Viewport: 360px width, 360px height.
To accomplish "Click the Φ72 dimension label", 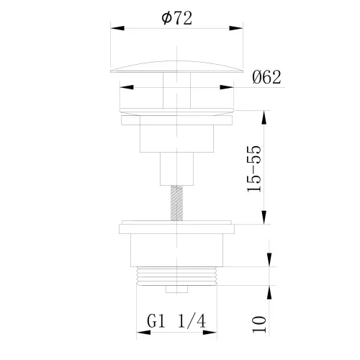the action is coord(177,18).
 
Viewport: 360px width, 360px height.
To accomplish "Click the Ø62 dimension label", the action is coord(266,77).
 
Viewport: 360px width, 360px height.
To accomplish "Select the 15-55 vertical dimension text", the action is coord(254,168).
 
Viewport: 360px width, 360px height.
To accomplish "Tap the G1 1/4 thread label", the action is coord(176,321).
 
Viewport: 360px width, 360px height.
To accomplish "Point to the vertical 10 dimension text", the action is coord(259,325).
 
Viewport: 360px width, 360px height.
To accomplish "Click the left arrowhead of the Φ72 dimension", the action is coord(117,28).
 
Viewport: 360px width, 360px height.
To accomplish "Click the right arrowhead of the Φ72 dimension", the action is coord(236,28).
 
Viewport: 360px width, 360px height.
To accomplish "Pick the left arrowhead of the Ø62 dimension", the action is coord(127,87).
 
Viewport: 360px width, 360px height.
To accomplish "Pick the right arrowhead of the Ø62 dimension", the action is coord(227,87).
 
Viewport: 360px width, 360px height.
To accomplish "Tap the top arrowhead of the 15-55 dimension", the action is coord(264,117).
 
